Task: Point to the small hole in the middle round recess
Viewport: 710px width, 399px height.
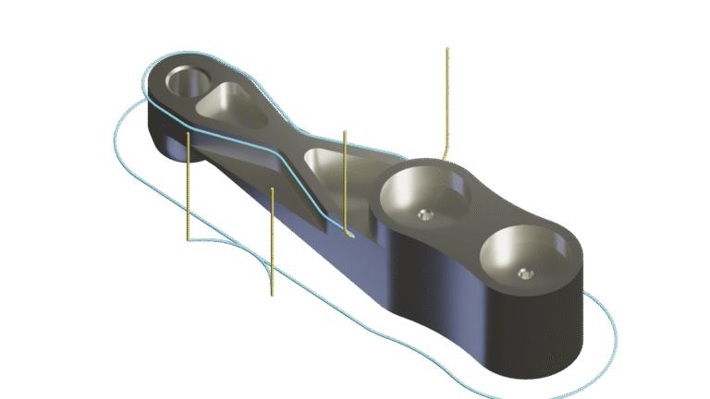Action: click(x=426, y=214)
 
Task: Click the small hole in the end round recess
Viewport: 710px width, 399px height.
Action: click(x=525, y=272)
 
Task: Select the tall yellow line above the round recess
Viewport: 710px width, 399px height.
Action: click(x=447, y=102)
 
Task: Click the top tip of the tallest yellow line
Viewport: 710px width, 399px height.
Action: click(x=447, y=49)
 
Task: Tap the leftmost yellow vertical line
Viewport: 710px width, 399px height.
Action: click(x=188, y=185)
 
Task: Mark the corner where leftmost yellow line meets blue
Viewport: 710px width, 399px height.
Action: click(x=189, y=240)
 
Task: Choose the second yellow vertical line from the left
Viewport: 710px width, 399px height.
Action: click(x=273, y=240)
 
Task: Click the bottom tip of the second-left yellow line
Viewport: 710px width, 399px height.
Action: click(x=273, y=296)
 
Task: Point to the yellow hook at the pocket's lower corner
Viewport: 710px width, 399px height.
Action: click(x=349, y=236)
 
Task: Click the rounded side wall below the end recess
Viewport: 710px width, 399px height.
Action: click(x=536, y=337)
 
